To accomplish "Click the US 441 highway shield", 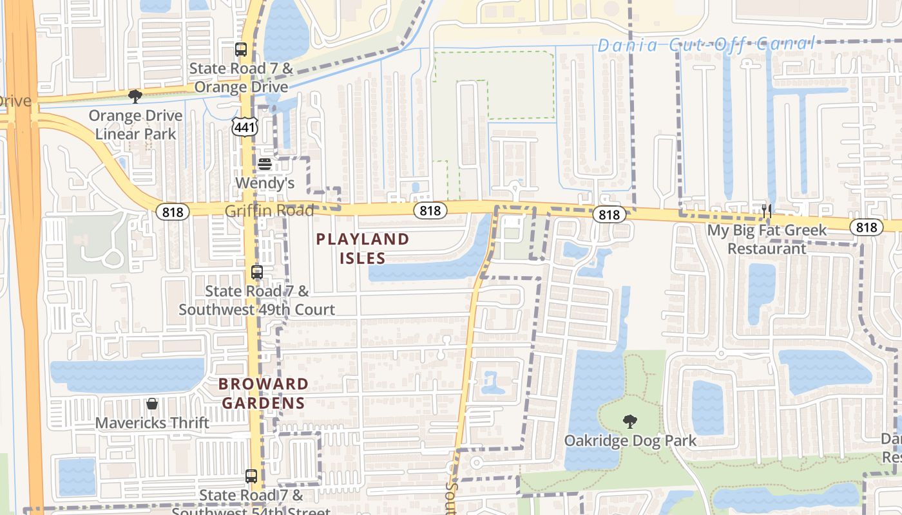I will point(245,127).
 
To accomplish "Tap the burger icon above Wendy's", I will point(264,164).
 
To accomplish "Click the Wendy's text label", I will point(264,183).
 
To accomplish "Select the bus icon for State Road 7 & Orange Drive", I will point(241,49).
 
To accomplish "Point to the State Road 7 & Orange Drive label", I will point(241,77).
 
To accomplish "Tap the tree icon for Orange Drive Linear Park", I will point(135,97).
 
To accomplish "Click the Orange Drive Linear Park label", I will point(135,125).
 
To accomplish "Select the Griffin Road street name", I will point(269,211).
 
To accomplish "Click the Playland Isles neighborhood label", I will point(363,248).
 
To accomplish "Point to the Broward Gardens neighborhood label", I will point(263,393).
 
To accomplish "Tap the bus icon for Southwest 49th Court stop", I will point(256,272).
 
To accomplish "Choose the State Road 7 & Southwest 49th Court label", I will point(256,300).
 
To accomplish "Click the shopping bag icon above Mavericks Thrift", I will point(152,404).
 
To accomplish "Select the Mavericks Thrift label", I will point(152,423).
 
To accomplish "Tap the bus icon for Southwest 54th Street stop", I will point(251,476).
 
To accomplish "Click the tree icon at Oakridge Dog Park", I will point(630,422).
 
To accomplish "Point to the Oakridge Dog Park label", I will point(630,441).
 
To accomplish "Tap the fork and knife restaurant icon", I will point(767,210).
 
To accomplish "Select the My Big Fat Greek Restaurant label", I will point(767,239).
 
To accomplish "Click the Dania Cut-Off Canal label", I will point(706,45).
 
